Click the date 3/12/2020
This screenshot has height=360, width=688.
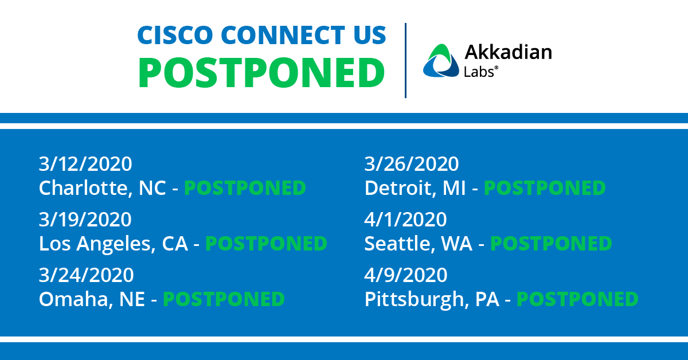click(x=85, y=164)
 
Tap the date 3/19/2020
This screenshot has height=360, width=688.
click(x=85, y=220)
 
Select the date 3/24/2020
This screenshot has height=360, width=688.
click(x=87, y=275)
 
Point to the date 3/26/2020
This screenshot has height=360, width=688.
click(x=412, y=164)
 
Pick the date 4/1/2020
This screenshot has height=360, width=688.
click(x=406, y=220)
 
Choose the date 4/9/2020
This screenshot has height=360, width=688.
click(x=406, y=275)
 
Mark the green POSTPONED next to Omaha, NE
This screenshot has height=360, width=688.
click(x=224, y=299)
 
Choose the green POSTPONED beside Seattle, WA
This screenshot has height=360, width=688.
click(x=551, y=244)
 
